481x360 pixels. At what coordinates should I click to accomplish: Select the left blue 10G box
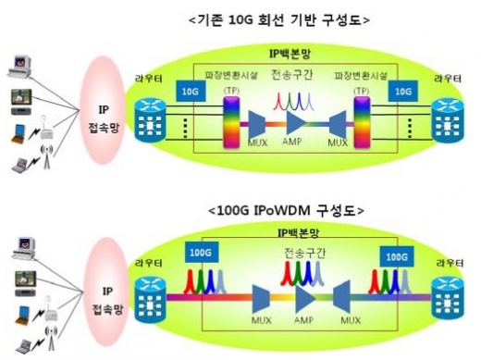192,92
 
